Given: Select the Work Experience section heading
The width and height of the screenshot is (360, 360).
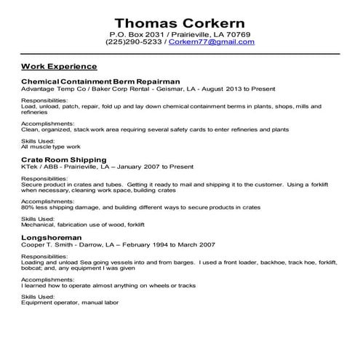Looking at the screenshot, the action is pyautogui.click(x=59, y=65).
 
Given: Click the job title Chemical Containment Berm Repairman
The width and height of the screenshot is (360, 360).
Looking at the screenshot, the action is pyautogui.click(x=100, y=81).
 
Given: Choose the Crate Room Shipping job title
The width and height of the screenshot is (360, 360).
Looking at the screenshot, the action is pyautogui.click(x=64, y=159).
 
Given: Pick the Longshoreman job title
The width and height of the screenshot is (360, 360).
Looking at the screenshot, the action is pyautogui.click(x=52, y=237).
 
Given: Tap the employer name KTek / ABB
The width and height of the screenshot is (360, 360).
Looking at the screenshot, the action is pyautogui.click(x=39, y=166).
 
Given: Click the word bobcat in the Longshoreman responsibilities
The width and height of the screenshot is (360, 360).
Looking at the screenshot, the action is pyautogui.click(x=32, y=267).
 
